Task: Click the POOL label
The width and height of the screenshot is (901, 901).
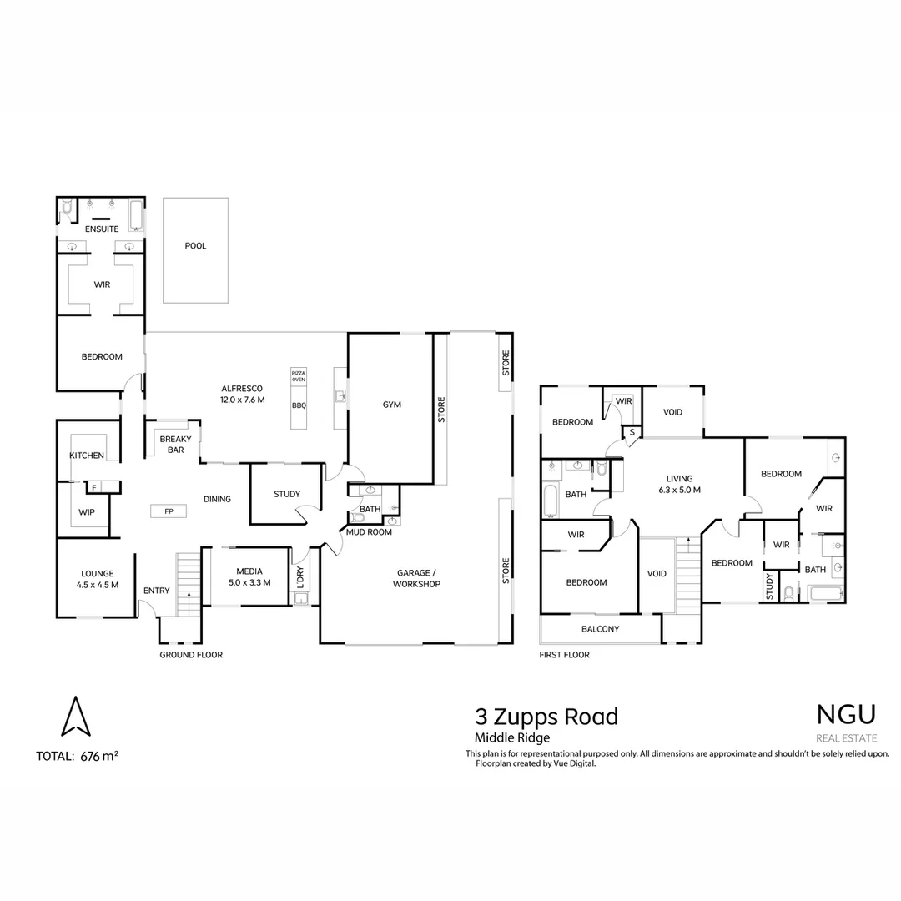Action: [x=195, y=246]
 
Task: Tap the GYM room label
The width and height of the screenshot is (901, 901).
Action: [x=392, y=405]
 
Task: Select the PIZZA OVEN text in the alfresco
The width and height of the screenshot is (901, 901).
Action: [x=299, y=375]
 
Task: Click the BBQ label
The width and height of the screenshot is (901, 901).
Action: [x=299, y=405]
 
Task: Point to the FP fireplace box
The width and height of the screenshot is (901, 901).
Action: [x=169, y=511]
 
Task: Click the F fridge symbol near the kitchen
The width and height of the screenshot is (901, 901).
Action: [x=93, y=487]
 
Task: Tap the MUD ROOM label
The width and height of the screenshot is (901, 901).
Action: [x=369, y=531]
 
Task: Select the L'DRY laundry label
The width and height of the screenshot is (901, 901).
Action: [x=300, y=576]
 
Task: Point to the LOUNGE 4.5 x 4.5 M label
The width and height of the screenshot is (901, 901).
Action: [x=97, y=579]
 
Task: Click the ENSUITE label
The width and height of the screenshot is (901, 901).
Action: [x=102, y=229]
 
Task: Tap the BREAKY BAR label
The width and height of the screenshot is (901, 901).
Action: [x=175, y=445]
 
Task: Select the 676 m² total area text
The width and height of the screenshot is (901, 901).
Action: [x=98, y=757]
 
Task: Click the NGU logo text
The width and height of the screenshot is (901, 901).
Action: [x=846, y=715]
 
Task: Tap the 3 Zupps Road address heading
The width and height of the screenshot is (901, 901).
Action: [x=546, y=716]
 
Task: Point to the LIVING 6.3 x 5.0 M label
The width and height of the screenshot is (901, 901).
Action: [x=679, y=485]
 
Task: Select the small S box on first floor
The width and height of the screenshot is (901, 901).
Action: [x=632, y=432]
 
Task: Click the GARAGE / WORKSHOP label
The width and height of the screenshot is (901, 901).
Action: [x=416, y=578]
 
